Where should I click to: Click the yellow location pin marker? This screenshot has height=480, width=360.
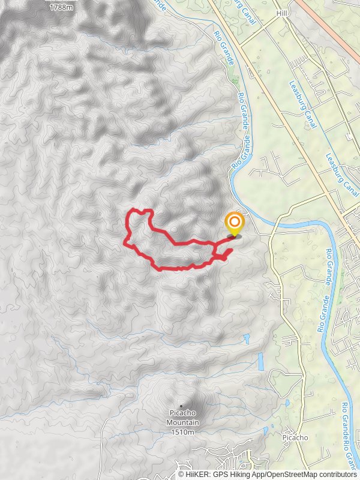pos(234,226)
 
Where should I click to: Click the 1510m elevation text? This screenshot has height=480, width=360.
pos(183,432)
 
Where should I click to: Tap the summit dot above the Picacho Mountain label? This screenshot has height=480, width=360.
pos(181,406)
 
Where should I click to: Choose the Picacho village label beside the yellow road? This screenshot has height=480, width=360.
pos(295,437)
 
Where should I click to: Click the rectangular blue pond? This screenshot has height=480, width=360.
pos(260,361)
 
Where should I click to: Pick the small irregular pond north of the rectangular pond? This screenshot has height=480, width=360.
pos(247,339)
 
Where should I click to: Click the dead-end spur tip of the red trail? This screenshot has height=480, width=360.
pos(232,249)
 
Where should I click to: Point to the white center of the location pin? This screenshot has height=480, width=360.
pos(234,223)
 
